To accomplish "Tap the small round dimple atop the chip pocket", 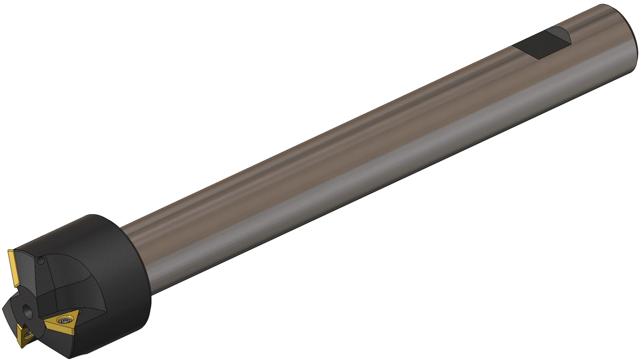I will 41,260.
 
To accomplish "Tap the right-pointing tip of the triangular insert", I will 79,310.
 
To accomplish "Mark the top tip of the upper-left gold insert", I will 9,251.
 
